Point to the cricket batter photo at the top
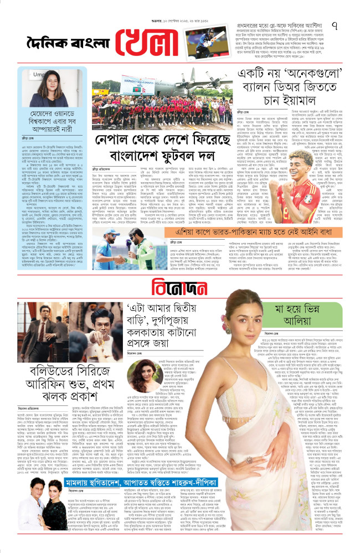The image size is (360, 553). (205, 42)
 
